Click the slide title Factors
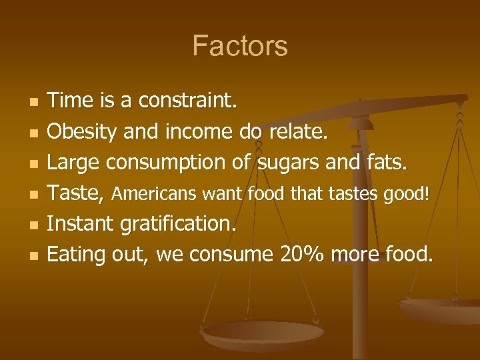click(240, 46)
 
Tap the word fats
click(385, 163)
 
